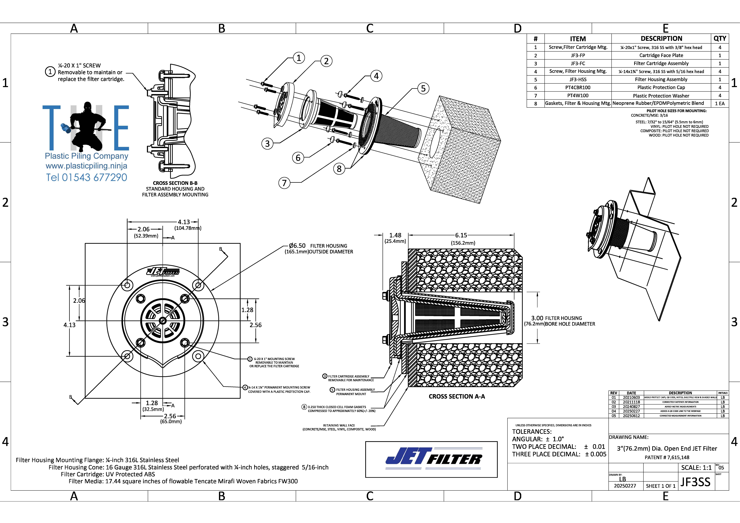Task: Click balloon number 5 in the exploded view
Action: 423,88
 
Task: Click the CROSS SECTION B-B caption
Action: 175,183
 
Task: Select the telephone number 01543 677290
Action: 86,177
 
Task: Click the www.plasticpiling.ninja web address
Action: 86,166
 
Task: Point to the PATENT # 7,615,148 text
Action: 666,457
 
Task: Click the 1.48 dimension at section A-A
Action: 395,235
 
